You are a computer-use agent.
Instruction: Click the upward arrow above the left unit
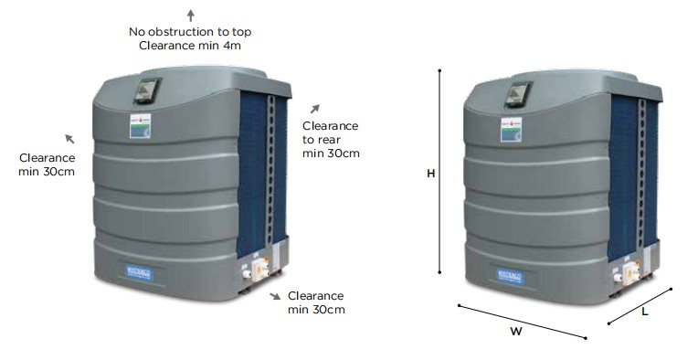point(190,15)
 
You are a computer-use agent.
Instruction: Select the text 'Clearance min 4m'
point(189,45)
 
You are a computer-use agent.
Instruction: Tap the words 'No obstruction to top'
point(190,31)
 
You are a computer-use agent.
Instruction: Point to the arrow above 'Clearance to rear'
point(315,109)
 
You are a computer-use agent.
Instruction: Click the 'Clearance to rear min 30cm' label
point(331,139)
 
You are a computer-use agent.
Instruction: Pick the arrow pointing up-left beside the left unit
point(69,139)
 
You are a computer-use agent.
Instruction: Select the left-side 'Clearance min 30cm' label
point(47,164)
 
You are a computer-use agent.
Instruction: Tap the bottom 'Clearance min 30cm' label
point(316,302)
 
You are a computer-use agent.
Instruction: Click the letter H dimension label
point(430,173)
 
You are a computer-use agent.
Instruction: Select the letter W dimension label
point(515,332)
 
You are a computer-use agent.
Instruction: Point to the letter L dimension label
point(645,312)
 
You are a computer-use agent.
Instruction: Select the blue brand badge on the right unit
point(509,272)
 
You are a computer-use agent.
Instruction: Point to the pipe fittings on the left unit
point(254,270)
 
